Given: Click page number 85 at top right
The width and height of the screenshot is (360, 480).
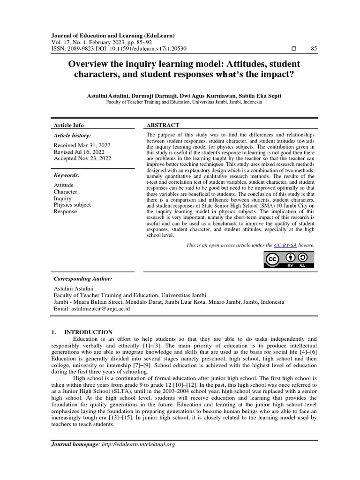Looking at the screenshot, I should [314, 49].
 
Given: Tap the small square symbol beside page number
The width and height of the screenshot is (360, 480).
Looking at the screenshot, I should [293, 49].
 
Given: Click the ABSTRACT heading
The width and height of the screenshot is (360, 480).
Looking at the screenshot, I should [163, 125].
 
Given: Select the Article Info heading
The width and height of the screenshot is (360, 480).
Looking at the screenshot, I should [69, 125].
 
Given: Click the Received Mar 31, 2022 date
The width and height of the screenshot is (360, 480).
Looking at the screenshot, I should [81, 145].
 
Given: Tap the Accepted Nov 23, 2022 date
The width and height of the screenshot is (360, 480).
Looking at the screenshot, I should [82, 158].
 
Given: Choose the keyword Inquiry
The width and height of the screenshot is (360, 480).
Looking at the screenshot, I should [63, 198].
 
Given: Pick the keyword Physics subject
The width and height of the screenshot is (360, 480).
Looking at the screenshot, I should [72, 205].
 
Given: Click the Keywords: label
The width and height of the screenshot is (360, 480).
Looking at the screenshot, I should [67, 175].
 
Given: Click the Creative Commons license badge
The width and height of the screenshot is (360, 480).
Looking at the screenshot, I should [289, 260].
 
